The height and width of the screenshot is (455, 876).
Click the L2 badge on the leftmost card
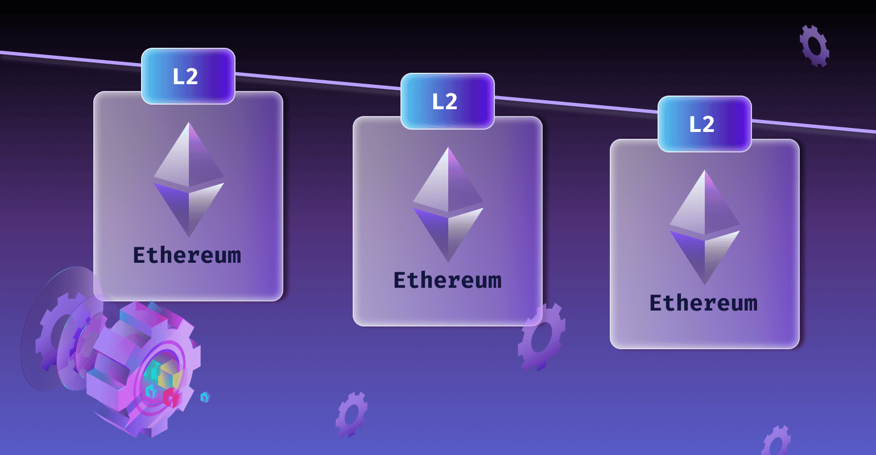click(188, 76)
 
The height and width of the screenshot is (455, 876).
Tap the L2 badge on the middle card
click(447, 101)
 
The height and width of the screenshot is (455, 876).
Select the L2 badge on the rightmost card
click(704, 124)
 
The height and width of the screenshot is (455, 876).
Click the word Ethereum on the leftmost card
click(187, 255)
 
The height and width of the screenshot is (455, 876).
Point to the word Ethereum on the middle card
click(448, 280)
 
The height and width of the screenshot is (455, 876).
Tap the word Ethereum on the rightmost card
click(704, 303)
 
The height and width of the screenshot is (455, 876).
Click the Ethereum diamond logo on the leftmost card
click(189, 180)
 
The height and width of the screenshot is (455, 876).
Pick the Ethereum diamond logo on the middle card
click(448, 205)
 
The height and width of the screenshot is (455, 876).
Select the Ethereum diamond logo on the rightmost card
click(705, 227)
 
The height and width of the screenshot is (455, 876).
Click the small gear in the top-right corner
click(814, 45)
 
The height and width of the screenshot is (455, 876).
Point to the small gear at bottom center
click(351, 414)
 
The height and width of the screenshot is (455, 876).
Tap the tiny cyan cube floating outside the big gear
click(205, 397)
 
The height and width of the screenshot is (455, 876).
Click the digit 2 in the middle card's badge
click(452, 102)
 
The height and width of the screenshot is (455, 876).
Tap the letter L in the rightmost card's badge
click(695, 124)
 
